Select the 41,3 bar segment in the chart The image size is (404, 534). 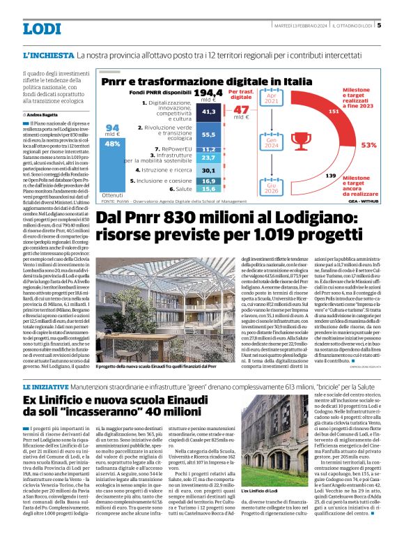pyautogui.click(x=208, y=111)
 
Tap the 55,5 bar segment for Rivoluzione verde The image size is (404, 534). pyautogui.click(x=208, y=134)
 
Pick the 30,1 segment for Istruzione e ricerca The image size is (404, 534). pyautogui.click(x=208, y=169)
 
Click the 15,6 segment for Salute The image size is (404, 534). pyautogui.click(x=208, y=188)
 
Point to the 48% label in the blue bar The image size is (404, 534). pyautogui.click(x=112, y=143)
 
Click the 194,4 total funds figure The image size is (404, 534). pyautogui.click(x=208, y=92)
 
